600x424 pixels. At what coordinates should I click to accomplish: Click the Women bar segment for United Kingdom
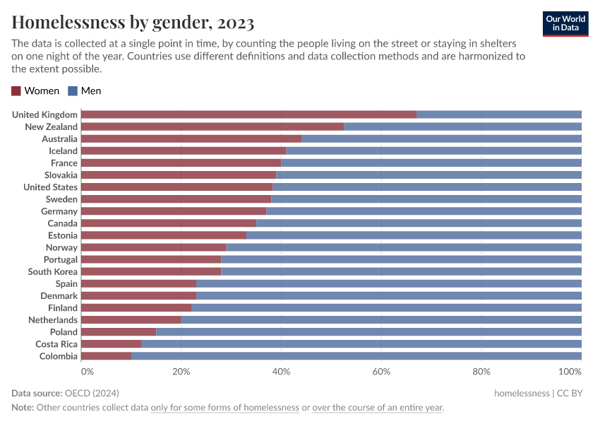(x=248, y=114)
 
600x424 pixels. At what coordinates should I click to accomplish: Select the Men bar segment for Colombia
(x=356, y=356)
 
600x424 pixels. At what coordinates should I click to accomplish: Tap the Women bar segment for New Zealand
(x=212, y=126)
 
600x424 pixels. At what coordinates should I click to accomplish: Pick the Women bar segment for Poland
(x=119, y=332)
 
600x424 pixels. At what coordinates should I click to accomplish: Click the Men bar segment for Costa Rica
(x=361, y=344)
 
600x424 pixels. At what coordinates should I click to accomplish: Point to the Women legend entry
(x=35, y=90)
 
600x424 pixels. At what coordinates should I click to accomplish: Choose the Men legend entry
(x=85, y=90)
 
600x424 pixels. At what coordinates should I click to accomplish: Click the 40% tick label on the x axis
(x=281, y=372)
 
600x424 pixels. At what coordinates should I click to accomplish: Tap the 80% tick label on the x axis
(x=481, y=372)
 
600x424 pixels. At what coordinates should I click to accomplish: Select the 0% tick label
(x=87, y=372)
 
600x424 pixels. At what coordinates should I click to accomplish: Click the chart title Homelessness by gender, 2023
(x=133, y=23)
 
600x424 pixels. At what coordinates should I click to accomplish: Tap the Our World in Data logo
(x=565, y=23)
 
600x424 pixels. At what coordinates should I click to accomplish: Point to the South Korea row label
(x=53, y=272)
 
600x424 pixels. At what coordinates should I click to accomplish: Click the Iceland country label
(x=63, y=151)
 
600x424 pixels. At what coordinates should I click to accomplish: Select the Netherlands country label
(x=54, y=320)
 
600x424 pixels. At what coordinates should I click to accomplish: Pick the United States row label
(x=50, y=187)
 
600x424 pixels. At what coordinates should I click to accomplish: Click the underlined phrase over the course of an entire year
(x=378, y=408)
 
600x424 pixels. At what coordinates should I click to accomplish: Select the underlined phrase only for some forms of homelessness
(x=224, y=408)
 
